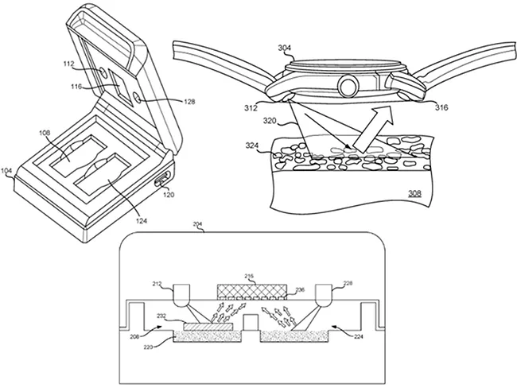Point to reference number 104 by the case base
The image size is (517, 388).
pyautogui.click(x=6, y=171)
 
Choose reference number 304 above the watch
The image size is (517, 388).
pyautogui.click(x=285, y=48)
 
